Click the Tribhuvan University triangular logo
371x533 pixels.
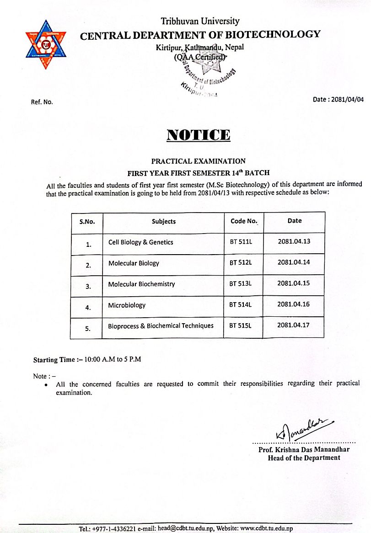pyautogui.click(x=45, y=44)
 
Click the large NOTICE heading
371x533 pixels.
pyautogui.click(x=198, y=135)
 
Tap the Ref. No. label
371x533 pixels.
pyautogui.click(x=42, y=102)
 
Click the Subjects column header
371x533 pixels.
pyautogui.click(x=164, y=222)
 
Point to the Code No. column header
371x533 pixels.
pyautogui.click(x=244, y=221)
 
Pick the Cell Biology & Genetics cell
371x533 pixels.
pyautogui.click(x=141, y=242)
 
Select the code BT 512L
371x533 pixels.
pyautogui.click(x=241, y=263)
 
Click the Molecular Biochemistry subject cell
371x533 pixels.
pyautogui.click(x=141, y=284)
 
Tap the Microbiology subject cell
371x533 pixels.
pyautogui.click(x=127, y=305)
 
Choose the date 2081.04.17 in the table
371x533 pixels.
pyautogui.click(x=294, y=325)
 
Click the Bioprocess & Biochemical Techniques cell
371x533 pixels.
pyautogui.click(x=161, y=326)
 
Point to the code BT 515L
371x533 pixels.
pyautogui.click(x=241, y=325)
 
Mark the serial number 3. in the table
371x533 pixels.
pyautogui.click(x=88, y=287)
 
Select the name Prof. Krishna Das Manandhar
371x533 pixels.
pyautogui.click(x=304, y=450)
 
